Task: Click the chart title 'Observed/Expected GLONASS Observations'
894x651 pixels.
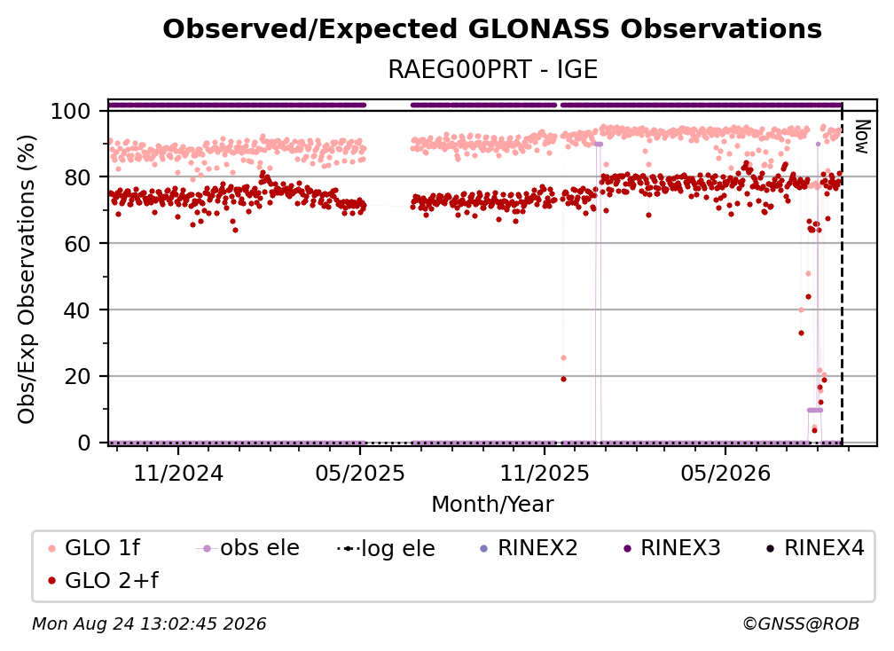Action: click(x=492, y=29)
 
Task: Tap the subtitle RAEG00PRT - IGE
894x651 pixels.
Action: click(x=492, y=69)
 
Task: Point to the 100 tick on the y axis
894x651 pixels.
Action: click(x=71, y=111)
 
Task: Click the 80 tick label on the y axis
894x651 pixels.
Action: click(x=77, y=177)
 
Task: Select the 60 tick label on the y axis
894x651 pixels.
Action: click(x=77, y=243)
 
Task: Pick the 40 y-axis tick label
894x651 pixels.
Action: click(x=77, y=310)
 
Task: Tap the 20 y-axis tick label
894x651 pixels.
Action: click(x=77, y=376)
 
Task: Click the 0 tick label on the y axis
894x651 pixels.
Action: click(x=84, y=443)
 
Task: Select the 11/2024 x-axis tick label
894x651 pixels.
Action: click(x=178, y=473)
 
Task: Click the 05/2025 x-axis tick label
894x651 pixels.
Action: click(x=360, y=473)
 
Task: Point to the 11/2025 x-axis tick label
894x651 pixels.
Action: click(x=545, y=473)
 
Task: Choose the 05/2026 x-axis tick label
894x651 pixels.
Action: click(x=725, y=473)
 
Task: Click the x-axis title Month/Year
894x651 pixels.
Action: click(x=492, y=504)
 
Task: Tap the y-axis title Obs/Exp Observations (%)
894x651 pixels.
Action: click(x=27, y=279)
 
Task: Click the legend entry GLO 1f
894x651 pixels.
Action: click(x=94, y=548)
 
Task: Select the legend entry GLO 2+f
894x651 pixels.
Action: click(x=103, y=580)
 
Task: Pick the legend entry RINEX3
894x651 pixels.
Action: click(x=673, y=548)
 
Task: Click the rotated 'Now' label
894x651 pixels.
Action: click(x=861, y=137)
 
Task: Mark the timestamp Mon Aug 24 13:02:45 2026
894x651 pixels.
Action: click(x=149, y=624)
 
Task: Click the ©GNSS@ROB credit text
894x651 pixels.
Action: click(x=801, y=624)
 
